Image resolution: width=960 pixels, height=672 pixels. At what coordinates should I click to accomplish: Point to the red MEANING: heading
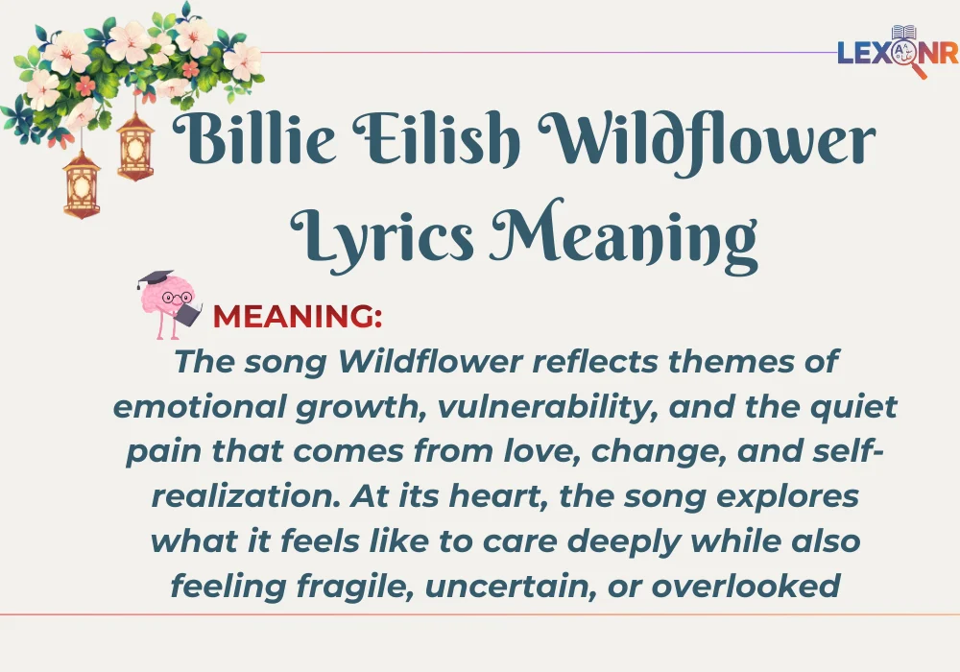[297, 317]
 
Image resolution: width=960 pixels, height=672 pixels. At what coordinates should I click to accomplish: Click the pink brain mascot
[168, 304]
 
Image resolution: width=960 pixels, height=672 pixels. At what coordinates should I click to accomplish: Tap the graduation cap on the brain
[156, 278]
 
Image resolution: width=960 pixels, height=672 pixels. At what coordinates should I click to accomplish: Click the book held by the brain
[189, 315]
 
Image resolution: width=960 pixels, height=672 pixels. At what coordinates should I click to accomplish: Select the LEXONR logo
[897, 52]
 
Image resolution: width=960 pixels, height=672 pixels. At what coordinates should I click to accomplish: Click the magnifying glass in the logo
[907, 55]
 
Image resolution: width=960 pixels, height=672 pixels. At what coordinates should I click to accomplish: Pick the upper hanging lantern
[135, 147]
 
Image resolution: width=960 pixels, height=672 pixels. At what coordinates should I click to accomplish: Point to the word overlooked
[745, 586]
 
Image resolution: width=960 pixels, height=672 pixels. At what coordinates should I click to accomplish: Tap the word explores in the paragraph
[787, 497]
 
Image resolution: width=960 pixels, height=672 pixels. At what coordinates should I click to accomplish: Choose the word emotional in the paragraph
[200, 407]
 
